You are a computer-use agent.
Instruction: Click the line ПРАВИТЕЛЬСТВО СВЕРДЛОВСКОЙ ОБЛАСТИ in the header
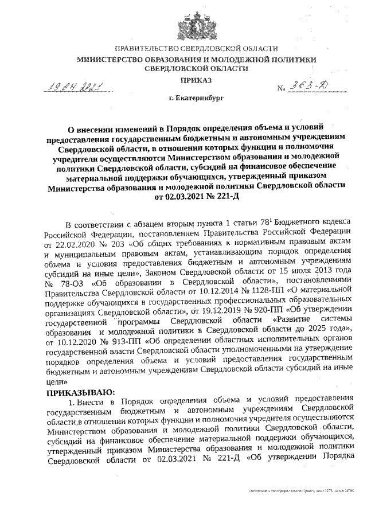197,49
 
